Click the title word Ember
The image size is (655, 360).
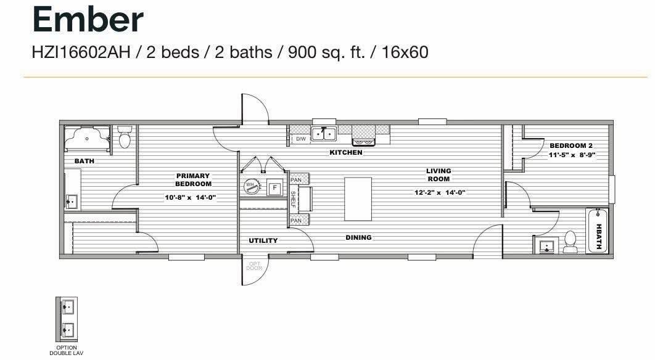click(88, 20)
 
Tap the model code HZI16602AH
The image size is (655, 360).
click(81, 52)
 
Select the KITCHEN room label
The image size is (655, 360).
click(346, 152)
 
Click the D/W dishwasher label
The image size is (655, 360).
click(301, 139)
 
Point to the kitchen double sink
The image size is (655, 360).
click(324, 134)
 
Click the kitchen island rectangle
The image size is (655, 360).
click(358, 198)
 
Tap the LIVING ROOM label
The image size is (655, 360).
click(439, 174)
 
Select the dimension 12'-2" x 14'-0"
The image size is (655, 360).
click(440, 192)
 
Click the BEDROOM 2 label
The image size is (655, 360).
click(571, 145)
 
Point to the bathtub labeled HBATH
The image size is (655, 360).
click(598, 231)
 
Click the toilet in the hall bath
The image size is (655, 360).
click(571, 242)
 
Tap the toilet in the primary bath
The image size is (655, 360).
click(125, 137)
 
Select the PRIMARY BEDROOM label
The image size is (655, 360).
click(193, 180)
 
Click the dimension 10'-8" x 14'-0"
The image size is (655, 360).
click(191, 197)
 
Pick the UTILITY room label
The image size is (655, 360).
click(263, 240)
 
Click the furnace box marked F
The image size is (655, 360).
click(275, 188)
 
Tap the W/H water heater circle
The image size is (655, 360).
click(252, 186)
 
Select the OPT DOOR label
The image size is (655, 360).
click(254, 266)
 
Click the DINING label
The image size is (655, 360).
click(358, 237)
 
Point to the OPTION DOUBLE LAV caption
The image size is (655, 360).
click(67, 350)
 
